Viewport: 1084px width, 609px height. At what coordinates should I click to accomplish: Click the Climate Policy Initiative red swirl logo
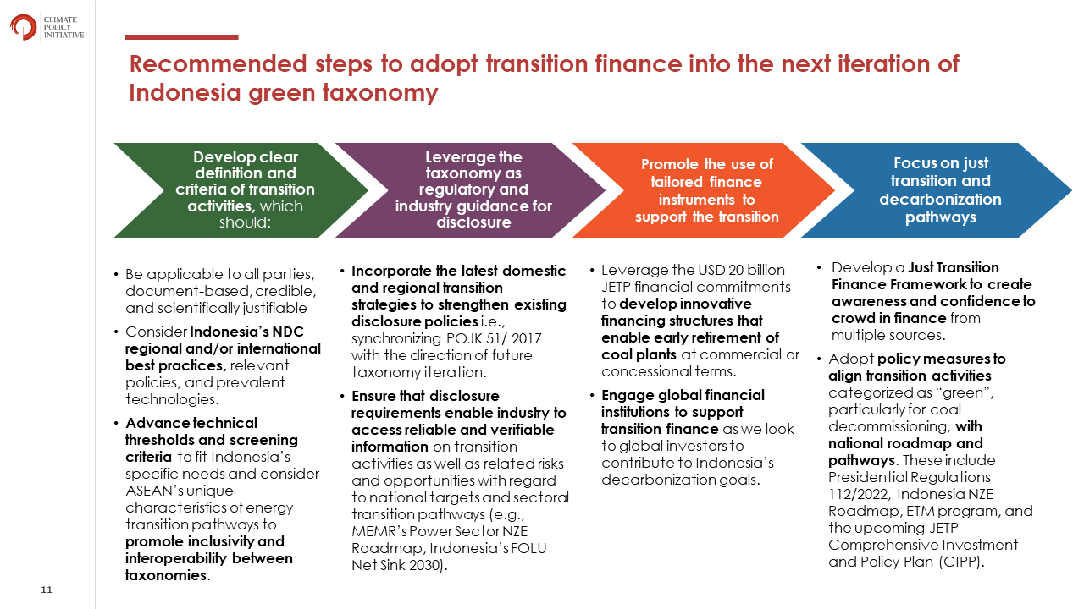pyautogui.click(x=23, y=27)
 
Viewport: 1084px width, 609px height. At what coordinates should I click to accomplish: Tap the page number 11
pyautogui.click(x=47, y=590)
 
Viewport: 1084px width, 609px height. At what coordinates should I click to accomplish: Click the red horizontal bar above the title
pyautogui.click(x=181, y=37)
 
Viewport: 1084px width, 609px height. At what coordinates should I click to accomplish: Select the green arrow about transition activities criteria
pyautogui.click(x=241, y=190)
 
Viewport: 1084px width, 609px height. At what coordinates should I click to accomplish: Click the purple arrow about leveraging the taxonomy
pyautogui.click(x=470, y=190)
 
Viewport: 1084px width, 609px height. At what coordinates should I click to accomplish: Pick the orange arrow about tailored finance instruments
pyautogui.click(x=704, y=190)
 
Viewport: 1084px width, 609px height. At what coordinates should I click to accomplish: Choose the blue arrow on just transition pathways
pyautogui.click(x=937, y=190)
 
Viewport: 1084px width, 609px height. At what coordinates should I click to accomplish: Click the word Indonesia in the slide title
pyautogui.click(x=185, y=92)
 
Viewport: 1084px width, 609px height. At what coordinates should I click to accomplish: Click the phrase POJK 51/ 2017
pyautogui.click(x=494, y=338)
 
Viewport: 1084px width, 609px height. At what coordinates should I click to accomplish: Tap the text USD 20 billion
pyautogui.click(x=744, y=270)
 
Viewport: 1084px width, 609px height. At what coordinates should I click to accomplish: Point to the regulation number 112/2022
pyautogui.click(x=859, y=494)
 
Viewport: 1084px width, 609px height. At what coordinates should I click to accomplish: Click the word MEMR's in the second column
pyautogui.click(x=379, y=531)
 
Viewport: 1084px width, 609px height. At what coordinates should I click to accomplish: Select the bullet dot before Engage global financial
pyautogui.click(x=592, y=395)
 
